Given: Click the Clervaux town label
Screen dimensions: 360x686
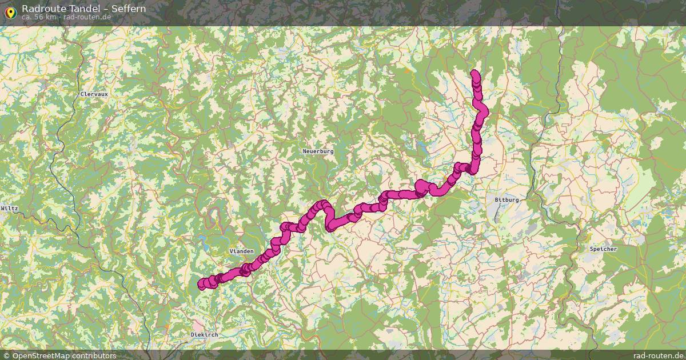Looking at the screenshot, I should click(x=94, y=94).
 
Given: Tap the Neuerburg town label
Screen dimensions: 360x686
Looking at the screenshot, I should click(x=317, y=151).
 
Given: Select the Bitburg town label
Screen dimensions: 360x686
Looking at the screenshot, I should click(x=506, y=200).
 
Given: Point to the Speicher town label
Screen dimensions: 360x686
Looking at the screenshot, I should click(x=604, y=249).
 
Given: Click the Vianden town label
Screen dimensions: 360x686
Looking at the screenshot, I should click(x=241, y=251).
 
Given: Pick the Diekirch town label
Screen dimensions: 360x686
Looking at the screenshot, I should click(x=204, y=334).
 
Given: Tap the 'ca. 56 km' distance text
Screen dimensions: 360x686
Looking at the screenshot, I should click(x=39, y=17).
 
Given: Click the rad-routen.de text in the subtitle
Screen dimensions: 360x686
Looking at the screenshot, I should click(x=87, y=17).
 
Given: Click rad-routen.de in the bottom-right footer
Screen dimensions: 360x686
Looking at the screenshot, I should click(x=658, y=355).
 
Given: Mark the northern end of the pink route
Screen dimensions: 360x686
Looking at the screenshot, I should click(x=474, y=73).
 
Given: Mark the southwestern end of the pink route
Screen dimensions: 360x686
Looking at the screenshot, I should click(x=201, y=284).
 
